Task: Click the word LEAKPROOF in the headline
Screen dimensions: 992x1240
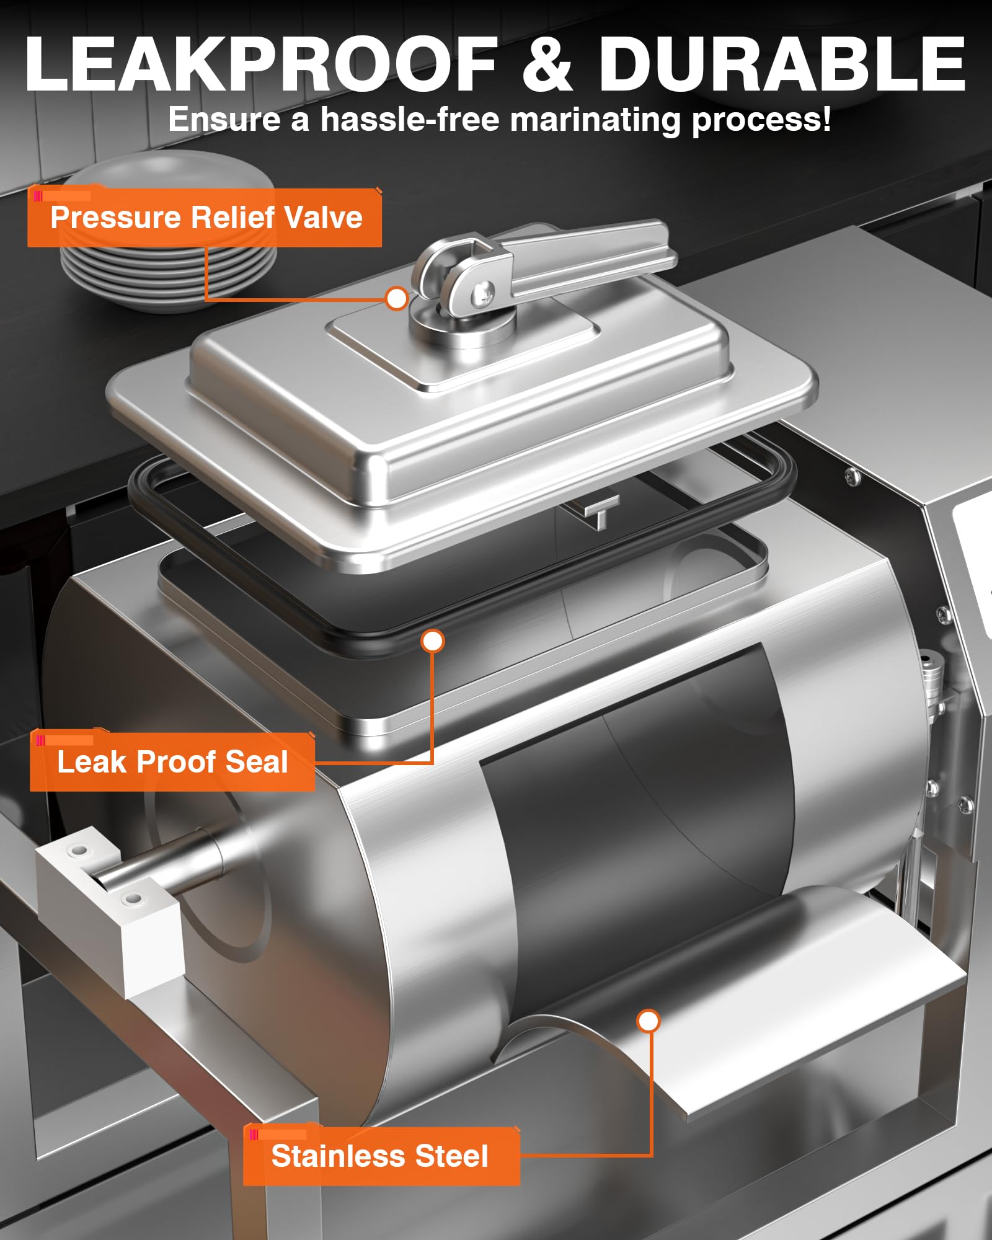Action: click(261, 63)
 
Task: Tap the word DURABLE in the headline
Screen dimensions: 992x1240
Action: click(782, 63)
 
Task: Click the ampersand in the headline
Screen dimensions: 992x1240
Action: click(547, 63)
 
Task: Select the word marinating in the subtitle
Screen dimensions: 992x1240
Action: click(595, 120)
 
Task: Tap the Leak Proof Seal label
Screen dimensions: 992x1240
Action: click(172, 761)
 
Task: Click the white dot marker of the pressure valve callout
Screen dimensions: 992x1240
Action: click(397, 299)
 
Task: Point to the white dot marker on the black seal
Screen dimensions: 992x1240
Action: click(433, 640)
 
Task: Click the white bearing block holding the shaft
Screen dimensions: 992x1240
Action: click(108, 893)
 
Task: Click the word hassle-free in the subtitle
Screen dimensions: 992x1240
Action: click(410, 119)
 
